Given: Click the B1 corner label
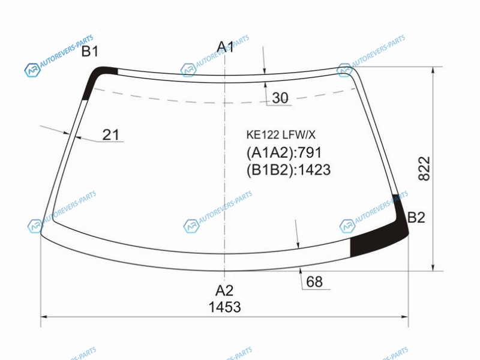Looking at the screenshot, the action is [x=89, y=52].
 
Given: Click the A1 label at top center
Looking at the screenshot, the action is [x=225, y=47].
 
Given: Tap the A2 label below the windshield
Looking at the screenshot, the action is [x=224, y=290].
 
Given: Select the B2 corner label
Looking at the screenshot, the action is [x=416, y=218].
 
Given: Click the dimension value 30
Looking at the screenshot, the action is [x=280, y=98].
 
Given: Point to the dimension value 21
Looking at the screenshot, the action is [x=110, y=134].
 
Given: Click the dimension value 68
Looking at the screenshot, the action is [x=314, y=281].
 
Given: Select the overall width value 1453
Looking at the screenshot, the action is [x=224, y=307].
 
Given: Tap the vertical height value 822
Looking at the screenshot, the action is [x=424, y=169].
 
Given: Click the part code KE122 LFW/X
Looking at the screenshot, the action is [x=281, y=134].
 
